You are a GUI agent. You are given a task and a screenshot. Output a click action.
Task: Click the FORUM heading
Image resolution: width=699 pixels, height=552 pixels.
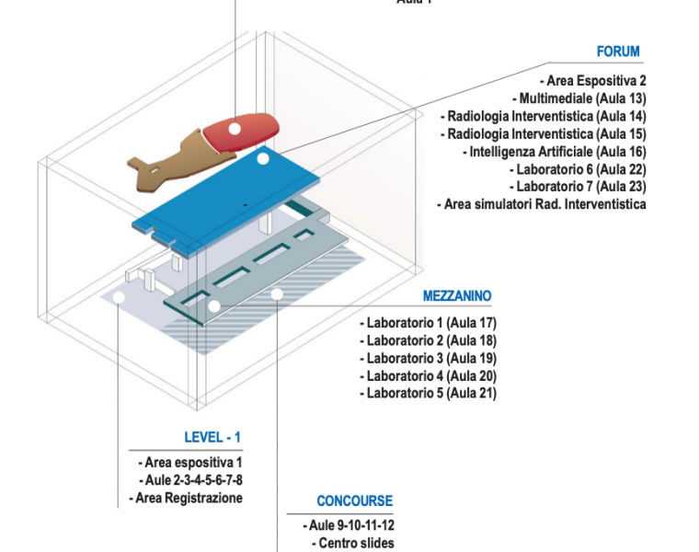[x=617, y=52]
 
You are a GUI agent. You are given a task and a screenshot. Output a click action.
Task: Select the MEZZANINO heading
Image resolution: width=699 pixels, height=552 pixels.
[x=457, y=296]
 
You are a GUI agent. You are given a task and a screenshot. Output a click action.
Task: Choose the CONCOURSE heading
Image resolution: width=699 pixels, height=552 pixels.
[x=354, y=501]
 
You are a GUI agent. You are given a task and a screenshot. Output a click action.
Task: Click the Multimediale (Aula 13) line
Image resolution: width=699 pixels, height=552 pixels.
[x=583, y=98]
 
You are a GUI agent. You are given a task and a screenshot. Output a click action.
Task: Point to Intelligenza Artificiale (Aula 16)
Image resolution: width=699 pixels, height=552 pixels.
[x=557, y=152]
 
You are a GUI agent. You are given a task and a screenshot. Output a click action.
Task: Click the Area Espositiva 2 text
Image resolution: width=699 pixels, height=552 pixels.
[x=597, y=81]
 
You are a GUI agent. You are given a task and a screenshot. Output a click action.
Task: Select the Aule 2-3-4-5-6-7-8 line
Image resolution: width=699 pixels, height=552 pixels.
[x=194, y=480]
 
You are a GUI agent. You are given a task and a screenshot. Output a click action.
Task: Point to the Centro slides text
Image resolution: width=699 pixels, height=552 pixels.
[x=356, y=543]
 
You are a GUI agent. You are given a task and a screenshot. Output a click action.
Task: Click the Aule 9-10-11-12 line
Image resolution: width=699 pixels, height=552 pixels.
[x=352, y=525]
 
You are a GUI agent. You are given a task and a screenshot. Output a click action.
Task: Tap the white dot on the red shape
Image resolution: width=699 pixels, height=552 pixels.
[x=235, y=128]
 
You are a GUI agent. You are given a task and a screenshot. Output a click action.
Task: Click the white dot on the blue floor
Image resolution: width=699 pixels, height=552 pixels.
[x=263, y=159]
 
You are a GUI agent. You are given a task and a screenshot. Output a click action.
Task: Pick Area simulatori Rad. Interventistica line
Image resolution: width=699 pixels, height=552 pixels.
[x=544, y=204]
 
